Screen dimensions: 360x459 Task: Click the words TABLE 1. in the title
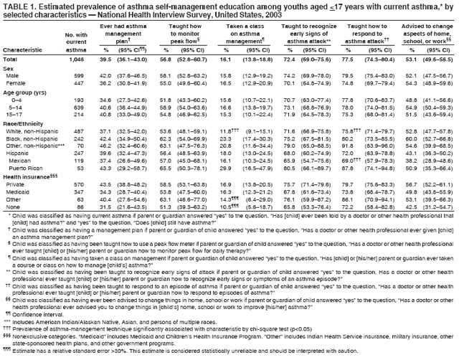(18, 5)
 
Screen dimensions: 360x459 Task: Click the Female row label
(16, 84)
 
